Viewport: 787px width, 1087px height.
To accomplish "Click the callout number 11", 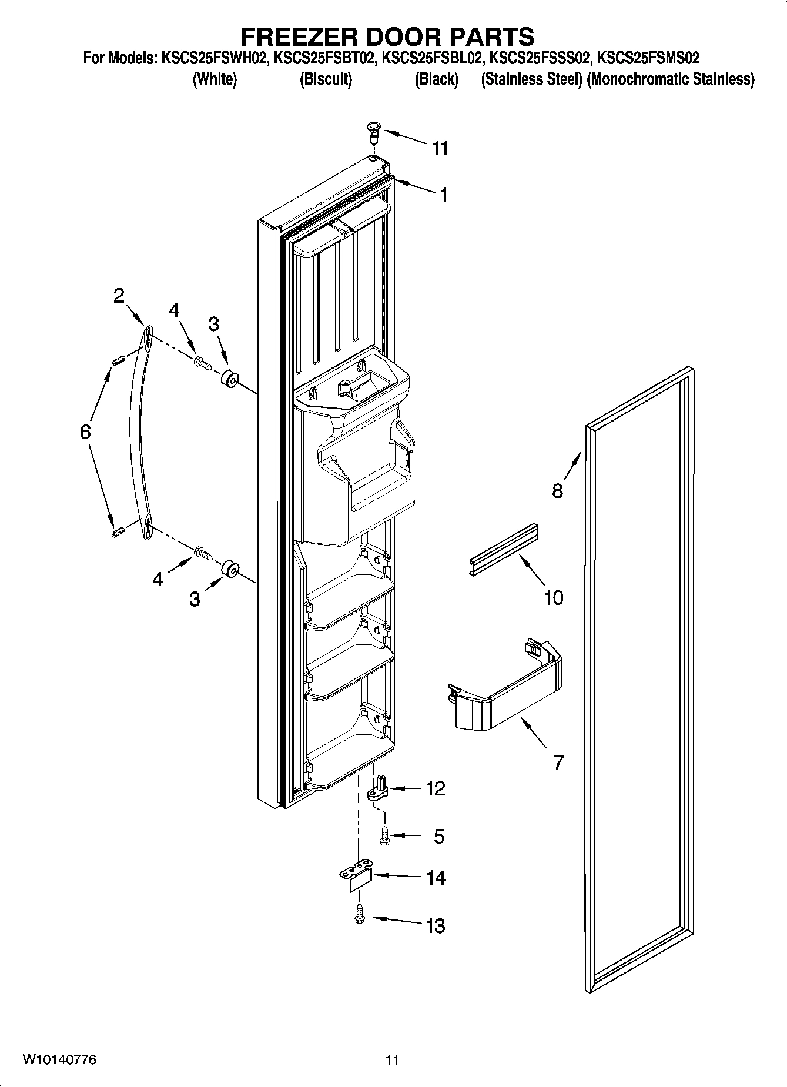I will point(440,148).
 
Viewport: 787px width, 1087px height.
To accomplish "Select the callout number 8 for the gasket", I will point(557,490).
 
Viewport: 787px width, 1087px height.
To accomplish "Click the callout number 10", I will point(553,598).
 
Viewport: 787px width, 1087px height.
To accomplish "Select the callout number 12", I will point(436,788).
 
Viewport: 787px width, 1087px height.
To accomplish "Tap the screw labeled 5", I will point(384,836).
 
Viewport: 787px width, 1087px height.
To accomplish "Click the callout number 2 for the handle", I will point(119,296).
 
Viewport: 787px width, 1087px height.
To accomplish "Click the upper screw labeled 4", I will point(203,363).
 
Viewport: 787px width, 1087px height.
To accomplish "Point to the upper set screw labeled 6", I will point(116,359).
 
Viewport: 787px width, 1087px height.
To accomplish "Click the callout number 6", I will point(85,433).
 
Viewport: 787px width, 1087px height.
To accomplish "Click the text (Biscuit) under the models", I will point(325,79).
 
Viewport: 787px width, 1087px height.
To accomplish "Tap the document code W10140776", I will point(59,1059).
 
